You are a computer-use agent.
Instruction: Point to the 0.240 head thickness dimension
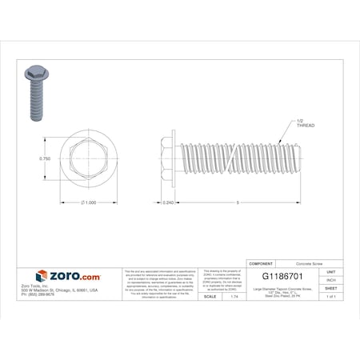pos(167,202)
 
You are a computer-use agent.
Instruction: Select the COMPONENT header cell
pos(263,262)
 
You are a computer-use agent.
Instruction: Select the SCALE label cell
pos(210,297)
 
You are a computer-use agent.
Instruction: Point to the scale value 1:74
pos(234,297)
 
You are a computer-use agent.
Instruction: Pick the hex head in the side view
pos(166,159)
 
